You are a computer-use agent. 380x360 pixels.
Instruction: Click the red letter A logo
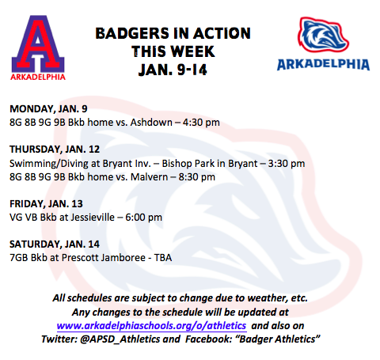pyautogui.click(x=38, y=45)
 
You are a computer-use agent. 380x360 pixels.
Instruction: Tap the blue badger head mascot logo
pyautogui.click(x=323, y=35)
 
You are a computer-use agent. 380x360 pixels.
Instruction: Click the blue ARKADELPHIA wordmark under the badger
pyautogui.click(x=323, y=65)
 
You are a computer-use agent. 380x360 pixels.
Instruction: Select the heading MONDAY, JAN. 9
pyautogui.click(x=48, y=109)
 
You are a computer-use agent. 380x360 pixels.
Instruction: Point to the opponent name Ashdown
pyautogui.click(x=151, y=123)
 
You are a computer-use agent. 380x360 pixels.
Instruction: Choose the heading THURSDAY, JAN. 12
pyautogui.click(x=55, y=150)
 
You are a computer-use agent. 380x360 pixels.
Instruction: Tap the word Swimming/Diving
pyautogui.click(x=49, y=164)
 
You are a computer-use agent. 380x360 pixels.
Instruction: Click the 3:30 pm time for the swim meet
pyautogui.click(x=287, y=164)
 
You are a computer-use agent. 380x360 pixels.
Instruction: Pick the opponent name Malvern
pyautogui.click(x=149, y=177)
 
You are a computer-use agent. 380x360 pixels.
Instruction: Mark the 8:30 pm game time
pyautogui.click(x=196, y=177)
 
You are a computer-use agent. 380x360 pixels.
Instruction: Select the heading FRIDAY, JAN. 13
pyautogui.click(x=46, y=204)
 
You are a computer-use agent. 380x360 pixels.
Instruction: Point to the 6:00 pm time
pyautogui.click(x=143, y=218)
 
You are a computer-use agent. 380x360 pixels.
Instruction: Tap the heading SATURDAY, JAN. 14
pyautogui.click(x=55, y=244)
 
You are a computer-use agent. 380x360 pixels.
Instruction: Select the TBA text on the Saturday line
pyautogui.click(x=163, y=258)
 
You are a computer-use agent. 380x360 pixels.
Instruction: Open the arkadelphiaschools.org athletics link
pyautogui.click(x=151, y=326)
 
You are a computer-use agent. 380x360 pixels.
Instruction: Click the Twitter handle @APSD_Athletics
pyautogui.click(x=120, y=339)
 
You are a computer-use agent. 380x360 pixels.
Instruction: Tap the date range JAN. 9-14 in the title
pyautogui.click(x=173, y=70)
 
